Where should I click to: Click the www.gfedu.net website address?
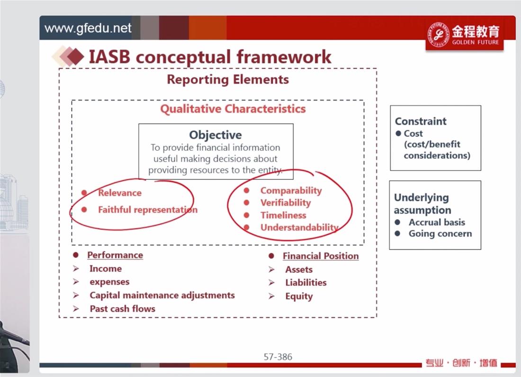[88, 28]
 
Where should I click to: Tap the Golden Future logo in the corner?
[465, 35]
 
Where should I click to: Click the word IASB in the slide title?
[110, 56]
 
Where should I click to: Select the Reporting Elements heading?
[228, 80]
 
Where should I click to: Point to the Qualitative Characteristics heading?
[233, 109]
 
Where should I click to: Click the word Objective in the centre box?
[216, 135]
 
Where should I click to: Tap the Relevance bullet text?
[120, 193]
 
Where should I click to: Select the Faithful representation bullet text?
[148, 210]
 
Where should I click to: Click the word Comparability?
[291, 191]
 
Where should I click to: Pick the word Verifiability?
[286, 202]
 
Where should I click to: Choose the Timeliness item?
[283, 215]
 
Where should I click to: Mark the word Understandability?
[299, 227]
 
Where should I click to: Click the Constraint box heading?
[421, 121]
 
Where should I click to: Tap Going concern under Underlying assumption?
[440, 234]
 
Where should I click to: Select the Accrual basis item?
[437, 222]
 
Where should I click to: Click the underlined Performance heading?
[115, 255]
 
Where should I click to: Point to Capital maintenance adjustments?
[162, 295]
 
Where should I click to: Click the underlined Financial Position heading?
[321, 256]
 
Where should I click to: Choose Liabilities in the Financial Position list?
[306, 283]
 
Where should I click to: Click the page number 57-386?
[278, 357]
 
